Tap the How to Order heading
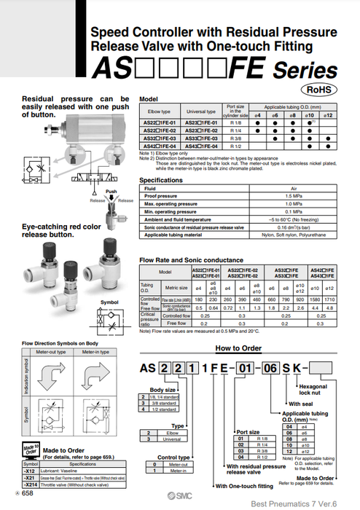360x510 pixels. [x=238, y=349]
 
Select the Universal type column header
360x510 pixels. [x=201, y=111]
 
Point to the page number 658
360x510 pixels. [x=26, y=493]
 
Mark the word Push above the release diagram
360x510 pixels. [x=111, y=192]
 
